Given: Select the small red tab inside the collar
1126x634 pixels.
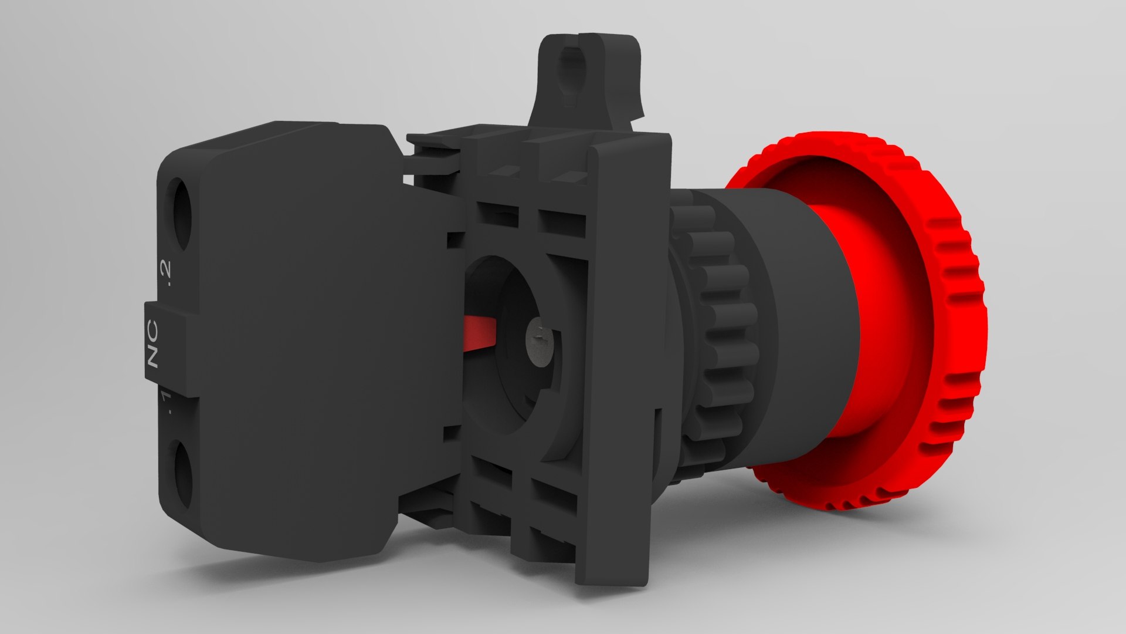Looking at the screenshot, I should coord(480,333).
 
